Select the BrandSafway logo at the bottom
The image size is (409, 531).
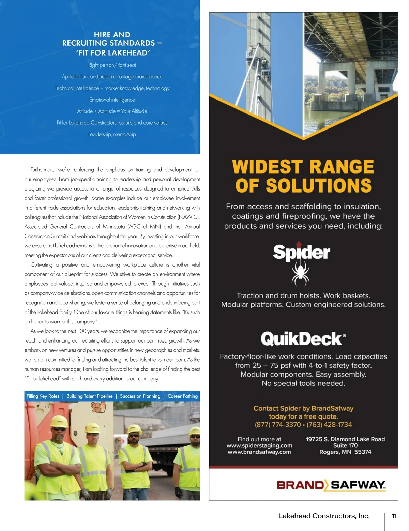[x=331, y=485]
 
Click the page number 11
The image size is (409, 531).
[x=394, y=516]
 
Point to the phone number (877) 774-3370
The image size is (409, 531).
[x=278, y=425]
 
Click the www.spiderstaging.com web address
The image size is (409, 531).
[x=259, y=445]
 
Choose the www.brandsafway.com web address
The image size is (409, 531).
[x=259, y=452]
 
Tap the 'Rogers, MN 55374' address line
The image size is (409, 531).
[x=345, y=452]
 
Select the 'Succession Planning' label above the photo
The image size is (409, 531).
[x=140, y=396]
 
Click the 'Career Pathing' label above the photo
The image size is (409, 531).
[x=182, y=396]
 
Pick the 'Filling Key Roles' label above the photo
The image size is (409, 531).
[x=43, y=396]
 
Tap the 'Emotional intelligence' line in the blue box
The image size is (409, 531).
[x=112, y=100]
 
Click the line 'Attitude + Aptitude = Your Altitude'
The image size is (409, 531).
[x=112, y=111]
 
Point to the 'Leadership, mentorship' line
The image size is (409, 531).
[x=112, y=134]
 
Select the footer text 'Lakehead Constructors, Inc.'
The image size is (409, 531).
[x=324, y=516]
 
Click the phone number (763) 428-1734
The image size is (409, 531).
[x=329, y=425]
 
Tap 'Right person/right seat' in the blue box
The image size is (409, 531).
[x=112, y=65]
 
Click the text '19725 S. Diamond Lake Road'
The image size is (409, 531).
[x=345, y=439]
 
